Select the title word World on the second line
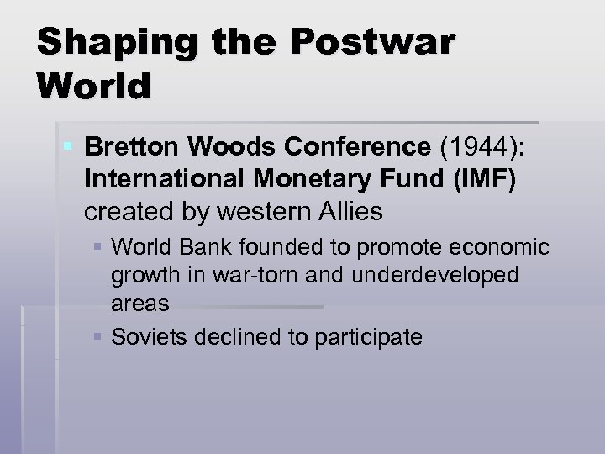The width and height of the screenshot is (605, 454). click(93, 86)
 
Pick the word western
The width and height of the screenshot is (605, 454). click(251, 212)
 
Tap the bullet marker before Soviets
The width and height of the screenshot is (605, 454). click(100, 337)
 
